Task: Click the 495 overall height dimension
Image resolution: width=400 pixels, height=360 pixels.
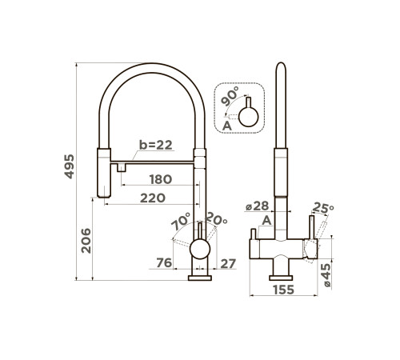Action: pos(69,166)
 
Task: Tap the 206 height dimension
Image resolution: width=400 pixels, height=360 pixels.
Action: pos(86,241)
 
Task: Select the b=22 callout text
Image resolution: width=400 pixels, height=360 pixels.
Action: pos(156,145)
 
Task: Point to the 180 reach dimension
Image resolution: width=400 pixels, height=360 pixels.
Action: pos(161,179)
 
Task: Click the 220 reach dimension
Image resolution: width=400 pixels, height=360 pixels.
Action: pos(153,198)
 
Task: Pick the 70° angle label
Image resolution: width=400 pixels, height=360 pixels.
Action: pos(181,221)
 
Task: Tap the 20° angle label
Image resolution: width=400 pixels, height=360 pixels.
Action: pos(217,218)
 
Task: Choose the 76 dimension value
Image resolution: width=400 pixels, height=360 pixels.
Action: pos(164,262)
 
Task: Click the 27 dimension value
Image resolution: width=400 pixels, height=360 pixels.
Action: pos(228,264)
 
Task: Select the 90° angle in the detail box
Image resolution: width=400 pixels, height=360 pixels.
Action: pos(230,96)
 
